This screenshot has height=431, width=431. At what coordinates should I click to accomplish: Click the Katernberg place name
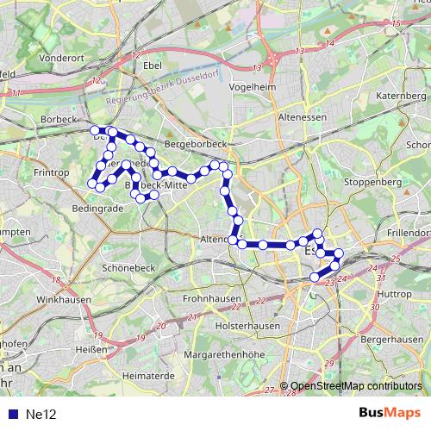click(402, 94)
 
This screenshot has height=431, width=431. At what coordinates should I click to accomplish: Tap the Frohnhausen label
click(211, 298)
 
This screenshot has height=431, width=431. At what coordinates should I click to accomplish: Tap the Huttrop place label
click(395, 294)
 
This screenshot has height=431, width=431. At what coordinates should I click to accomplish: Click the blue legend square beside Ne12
click(14, 414)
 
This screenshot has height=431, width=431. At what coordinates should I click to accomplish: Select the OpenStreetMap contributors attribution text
click(355, 386)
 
